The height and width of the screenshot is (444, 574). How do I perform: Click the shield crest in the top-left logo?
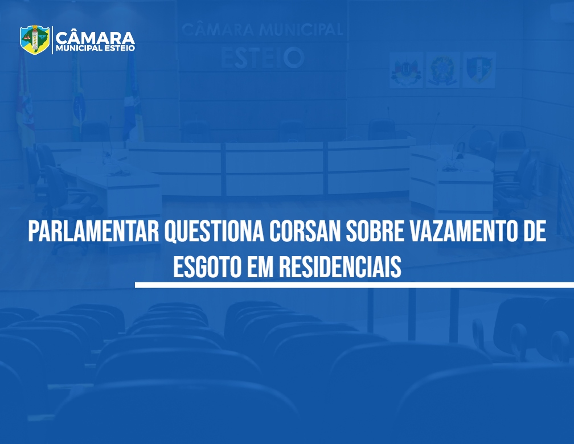click(x=35, y=39)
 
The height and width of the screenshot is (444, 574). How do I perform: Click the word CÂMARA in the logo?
click(x=95, y=38)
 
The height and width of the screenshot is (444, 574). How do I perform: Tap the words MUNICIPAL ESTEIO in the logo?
click(x=95, y=48)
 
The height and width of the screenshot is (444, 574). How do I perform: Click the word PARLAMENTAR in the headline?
click(x=94, y=231)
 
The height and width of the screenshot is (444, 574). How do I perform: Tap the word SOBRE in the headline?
click(x=374, y=231)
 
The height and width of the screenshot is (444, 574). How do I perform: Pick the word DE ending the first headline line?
click(x=533, y=231)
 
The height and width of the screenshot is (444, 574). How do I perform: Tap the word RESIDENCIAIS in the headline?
click(x=340, y=266)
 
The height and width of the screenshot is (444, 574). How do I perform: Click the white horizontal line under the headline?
click(x=354, y=285)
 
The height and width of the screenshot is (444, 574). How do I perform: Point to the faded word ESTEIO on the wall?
click(x=263, y=57)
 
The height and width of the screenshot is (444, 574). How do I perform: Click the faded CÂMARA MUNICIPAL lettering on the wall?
click(x=263, y=29)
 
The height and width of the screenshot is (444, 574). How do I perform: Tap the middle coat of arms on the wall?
click(x=442, y=69)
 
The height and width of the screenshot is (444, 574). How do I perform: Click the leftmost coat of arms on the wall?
click(x=406, y=69)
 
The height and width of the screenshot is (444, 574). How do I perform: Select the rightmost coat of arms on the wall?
click(x=479, y=69)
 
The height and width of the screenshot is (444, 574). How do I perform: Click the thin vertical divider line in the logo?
click(x=52, y=40)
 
